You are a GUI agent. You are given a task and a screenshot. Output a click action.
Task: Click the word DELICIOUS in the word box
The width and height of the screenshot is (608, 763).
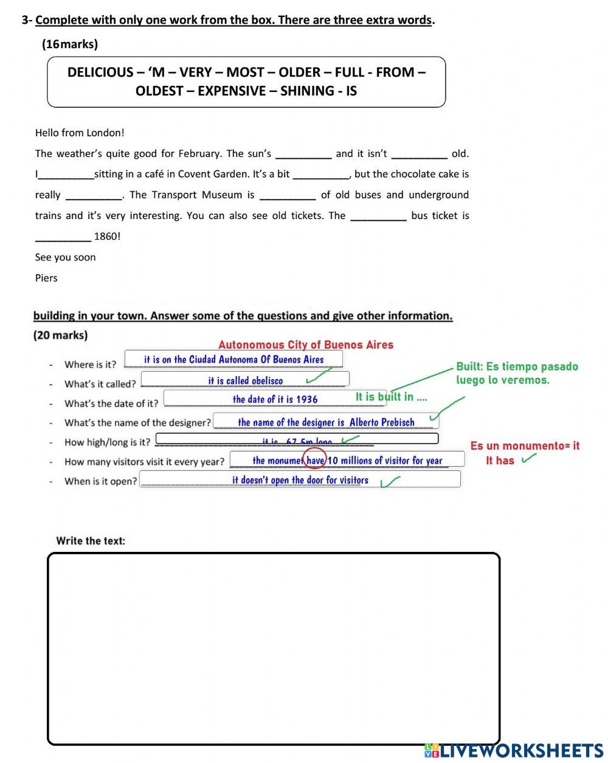coord(100,72)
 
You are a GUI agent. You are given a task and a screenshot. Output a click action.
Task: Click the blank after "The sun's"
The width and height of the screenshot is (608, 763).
coord(303,154)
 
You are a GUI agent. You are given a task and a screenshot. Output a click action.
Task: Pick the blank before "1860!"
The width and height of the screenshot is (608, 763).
coord(63,237)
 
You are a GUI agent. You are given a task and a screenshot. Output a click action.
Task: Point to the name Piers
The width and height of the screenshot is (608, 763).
coord(46,278)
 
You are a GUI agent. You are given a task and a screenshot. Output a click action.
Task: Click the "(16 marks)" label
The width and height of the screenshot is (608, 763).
coord(69,44)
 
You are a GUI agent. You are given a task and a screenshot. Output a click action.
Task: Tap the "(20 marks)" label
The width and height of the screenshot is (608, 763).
coord(60,335)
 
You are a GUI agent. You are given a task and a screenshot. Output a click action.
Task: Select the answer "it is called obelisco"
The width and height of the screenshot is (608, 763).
coord(245,380)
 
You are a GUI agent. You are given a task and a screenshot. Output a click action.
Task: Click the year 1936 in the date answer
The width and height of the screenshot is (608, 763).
coord(306,399)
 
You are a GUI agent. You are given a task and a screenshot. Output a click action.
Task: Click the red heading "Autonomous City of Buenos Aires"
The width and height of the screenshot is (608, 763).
coord(306,345)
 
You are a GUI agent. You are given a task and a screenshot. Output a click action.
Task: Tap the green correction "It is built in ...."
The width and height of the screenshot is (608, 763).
coord(391,397)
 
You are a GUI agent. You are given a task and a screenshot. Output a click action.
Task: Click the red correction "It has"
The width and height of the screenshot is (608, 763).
coord(500,461)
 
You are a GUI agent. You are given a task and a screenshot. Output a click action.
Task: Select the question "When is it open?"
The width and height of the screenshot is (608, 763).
coord(101,481)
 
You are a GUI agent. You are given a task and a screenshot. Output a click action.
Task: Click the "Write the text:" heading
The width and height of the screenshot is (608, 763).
coord(91,540)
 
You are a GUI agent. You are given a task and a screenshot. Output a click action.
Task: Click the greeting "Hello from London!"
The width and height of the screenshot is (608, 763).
coord(80,133)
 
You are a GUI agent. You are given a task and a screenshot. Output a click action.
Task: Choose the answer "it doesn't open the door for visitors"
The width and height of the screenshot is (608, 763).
coord(300,480)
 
